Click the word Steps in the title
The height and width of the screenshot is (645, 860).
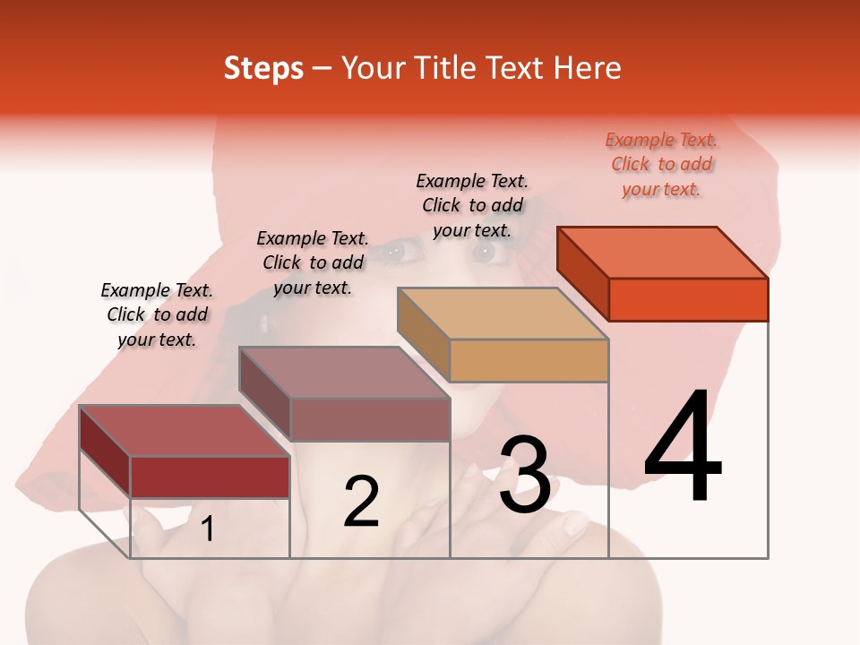tap(263, 68)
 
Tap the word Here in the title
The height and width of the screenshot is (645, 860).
tap(587, 68)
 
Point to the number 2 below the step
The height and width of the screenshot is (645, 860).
tap(361, 502)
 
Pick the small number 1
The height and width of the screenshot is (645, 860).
tap(207, 529)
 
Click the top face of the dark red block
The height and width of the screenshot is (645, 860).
tap(185, 431)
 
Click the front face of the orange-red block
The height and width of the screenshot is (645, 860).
tap(688, 299)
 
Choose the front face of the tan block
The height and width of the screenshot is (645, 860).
tap(529, 361)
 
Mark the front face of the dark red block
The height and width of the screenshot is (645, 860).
tap(210, 477)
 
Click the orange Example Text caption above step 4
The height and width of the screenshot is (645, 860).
tap(661, 164)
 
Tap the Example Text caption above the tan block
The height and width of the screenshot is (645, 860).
tap(472, 205)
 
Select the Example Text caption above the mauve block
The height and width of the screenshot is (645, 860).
tap(313, 262)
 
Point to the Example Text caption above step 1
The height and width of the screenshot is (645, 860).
tap(157, 314)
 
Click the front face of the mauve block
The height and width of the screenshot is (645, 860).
tap(369, 419)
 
